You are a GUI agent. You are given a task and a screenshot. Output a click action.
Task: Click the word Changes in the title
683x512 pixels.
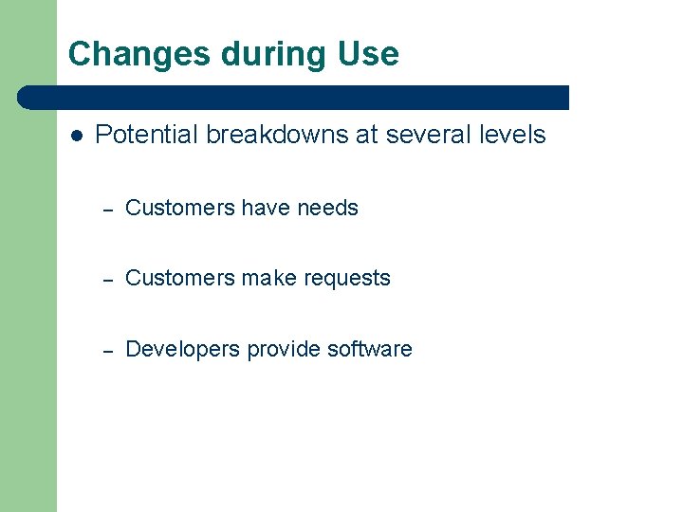point(139,54)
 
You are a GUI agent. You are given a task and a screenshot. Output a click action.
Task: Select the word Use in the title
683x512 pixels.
point(368,54)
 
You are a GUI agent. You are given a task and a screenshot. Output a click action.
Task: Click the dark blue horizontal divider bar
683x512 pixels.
point(294,97)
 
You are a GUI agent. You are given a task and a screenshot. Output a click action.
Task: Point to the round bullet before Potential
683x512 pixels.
point(76,136)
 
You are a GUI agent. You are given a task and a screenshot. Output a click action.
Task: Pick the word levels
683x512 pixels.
point(512,135)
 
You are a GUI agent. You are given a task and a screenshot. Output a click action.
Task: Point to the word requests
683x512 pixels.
point(347,279)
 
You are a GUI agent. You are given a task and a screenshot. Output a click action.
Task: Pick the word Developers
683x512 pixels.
point(182,349)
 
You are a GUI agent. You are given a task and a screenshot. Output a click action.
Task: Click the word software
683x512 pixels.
point(369,349)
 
